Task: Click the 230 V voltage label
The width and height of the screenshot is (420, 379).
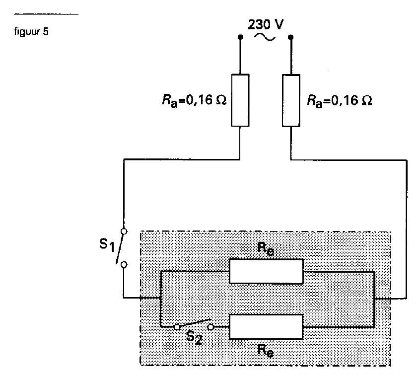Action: click(266, 25)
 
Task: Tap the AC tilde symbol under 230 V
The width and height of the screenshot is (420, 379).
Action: click(265, 38)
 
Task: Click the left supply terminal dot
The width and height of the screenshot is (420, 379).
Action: click(240, 37)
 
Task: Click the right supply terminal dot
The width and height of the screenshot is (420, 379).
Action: click(290, 37)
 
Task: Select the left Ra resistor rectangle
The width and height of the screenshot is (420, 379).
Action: click(240, 100)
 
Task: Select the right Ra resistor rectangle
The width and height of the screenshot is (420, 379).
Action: click(291, 100)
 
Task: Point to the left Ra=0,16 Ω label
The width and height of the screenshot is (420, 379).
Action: click(195, 100)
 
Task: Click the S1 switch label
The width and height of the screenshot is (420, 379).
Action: click(107, 244)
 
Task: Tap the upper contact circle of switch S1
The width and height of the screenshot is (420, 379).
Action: click(124, 231)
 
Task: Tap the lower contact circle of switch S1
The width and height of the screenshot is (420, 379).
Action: click(124, 265)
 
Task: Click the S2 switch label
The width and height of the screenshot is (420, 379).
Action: click(194, 337)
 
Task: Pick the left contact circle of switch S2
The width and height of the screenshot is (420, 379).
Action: click(177, 327)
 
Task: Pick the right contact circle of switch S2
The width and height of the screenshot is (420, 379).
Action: click(211, 327)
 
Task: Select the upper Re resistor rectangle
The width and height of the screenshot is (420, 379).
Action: click(266, 271)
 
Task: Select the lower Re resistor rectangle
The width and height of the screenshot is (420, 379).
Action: click(266, 327)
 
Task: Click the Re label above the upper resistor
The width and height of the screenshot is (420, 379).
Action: click(266, 248)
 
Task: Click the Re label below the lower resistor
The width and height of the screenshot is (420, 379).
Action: click(266, 351)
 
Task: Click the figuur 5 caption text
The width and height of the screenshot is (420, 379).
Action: click(31, 32)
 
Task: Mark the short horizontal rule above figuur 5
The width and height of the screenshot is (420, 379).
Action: click(46, 14)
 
